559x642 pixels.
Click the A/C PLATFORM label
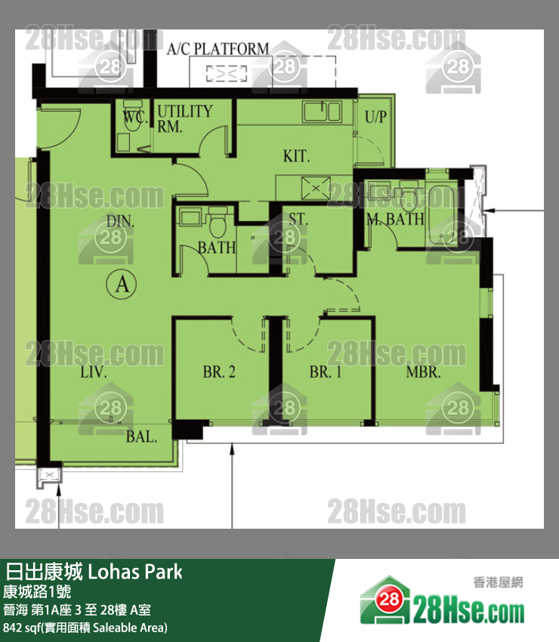pos(218,49)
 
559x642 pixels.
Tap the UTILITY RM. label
pos(184,119)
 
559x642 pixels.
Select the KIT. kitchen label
pos(296,156)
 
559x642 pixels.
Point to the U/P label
pos(375,117)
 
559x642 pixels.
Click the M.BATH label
pos(395,219)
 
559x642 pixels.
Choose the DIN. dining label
pos(120,221)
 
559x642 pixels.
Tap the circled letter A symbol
pos(122,284)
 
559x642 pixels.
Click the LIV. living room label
pos(94,372)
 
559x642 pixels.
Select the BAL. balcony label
pos(141,437)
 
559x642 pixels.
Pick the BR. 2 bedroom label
pos(219,372)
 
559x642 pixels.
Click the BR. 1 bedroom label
pos(325,372)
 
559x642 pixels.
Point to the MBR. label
pos(423,372)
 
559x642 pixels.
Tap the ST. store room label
pos(298,220)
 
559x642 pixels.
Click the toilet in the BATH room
pos(217,222)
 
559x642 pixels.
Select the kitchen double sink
pos(322,111)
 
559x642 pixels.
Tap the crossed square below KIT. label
pos(316,188)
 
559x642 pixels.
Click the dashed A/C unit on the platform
pos(227,73)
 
